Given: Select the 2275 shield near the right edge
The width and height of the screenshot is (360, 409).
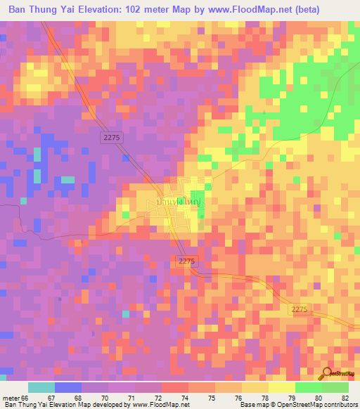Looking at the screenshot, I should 301,309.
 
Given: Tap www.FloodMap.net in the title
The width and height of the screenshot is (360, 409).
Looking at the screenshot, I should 233,10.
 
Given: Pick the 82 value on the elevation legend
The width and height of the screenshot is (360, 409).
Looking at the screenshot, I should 345,398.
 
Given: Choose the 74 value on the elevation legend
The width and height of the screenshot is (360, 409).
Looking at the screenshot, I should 184,398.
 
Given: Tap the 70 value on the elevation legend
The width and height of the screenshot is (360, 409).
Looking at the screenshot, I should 104,398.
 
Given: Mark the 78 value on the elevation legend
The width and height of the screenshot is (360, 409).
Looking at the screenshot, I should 264,398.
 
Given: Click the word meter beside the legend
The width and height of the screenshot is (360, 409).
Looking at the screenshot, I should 10,398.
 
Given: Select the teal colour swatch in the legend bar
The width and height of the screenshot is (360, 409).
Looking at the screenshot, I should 41,387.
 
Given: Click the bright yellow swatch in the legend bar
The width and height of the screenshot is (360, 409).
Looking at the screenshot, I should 282,387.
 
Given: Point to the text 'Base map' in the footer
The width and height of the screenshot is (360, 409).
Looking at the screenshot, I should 252,405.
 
